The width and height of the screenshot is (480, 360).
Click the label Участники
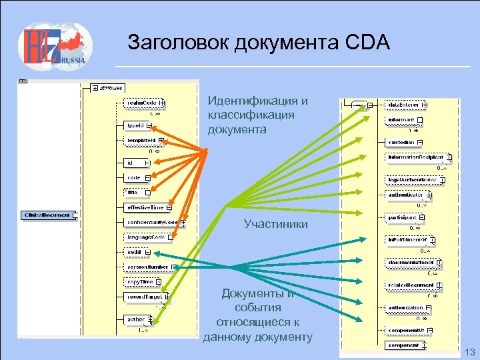[x=275, y=225]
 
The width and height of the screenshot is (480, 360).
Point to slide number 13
[x=469, y=351]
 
